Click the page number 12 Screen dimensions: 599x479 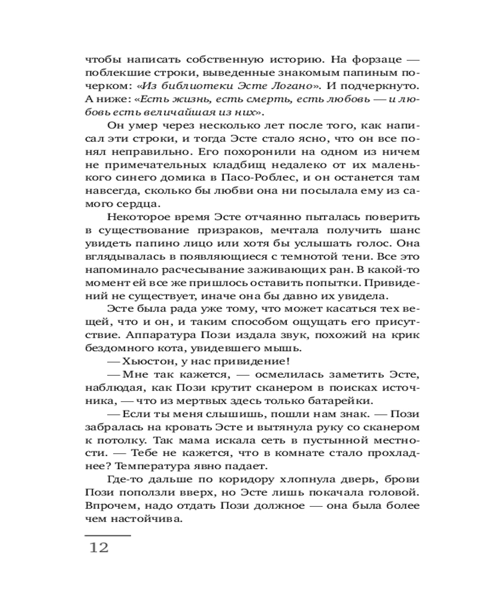pyautogui.click(x=99, y=547)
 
